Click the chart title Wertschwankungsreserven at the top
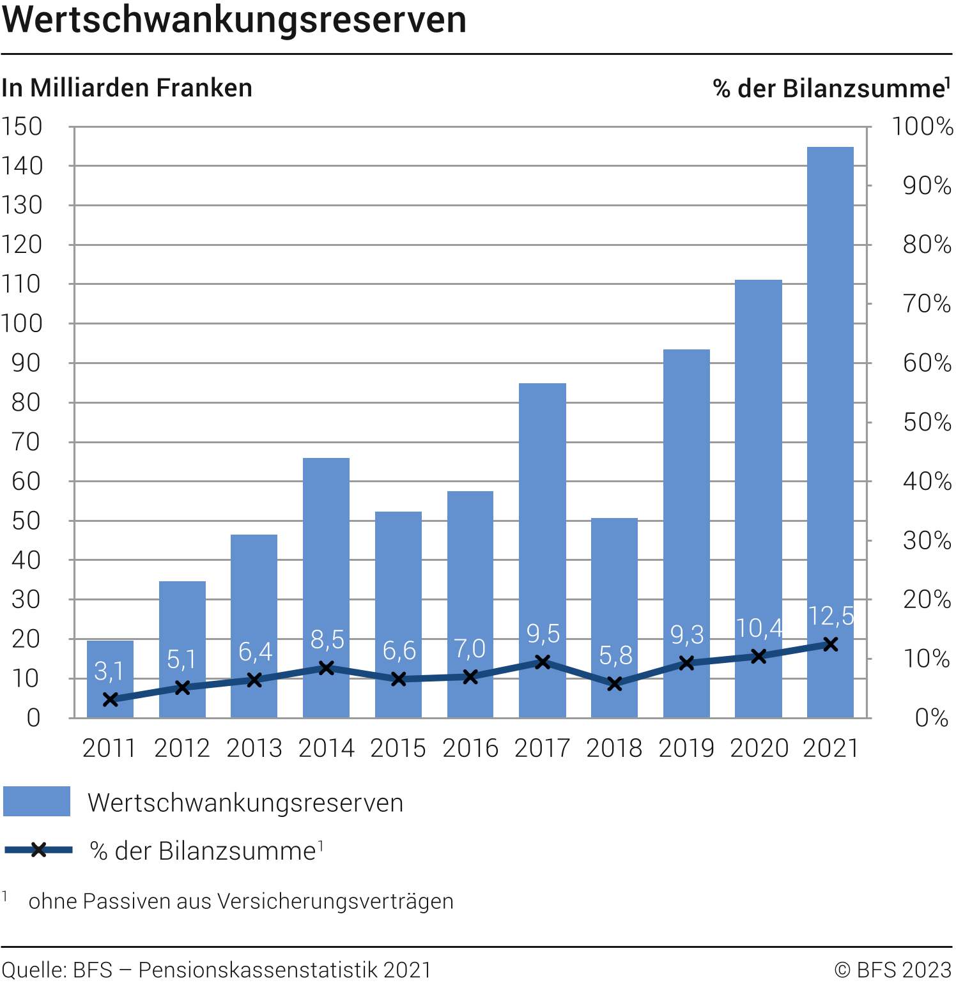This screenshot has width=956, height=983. [x=234, y=20]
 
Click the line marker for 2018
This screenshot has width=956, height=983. [x=615, y=684]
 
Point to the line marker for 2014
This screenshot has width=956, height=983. [x=327, y=668]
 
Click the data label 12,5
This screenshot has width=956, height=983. [x=831, y=616]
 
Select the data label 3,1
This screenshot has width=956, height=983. [x=109, y=671]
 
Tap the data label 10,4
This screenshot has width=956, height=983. [x=759, y=629]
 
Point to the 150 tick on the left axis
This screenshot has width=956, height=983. [x=22, y=126]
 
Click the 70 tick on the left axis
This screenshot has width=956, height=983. [x=26, y=442]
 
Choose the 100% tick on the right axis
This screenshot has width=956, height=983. [x=922, y=126]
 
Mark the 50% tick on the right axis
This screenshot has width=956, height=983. [x=927, y=422]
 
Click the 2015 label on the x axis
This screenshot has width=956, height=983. [x=398, y=749]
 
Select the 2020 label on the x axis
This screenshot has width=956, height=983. [x=759, y=749]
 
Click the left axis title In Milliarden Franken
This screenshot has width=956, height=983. [x=127, y=88]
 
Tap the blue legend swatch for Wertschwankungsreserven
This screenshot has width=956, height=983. [x=36, y=802]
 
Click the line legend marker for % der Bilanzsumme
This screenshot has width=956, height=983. [x=38, y=850]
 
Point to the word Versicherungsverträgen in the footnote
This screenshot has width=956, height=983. [x=335, y=901]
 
